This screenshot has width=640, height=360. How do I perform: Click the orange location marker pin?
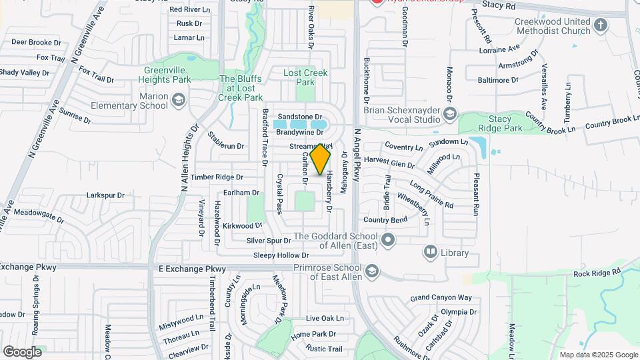click(321, 160)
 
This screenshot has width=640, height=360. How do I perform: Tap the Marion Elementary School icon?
click(179, 101)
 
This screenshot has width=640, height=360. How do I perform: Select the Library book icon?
click(431, 252)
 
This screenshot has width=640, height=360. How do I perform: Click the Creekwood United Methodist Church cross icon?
click(601, 26)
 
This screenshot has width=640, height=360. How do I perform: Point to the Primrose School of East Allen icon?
click(372, 271)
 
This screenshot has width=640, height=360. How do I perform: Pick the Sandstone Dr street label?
click(300, 115)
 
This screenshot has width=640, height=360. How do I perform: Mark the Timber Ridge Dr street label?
click(217, 177)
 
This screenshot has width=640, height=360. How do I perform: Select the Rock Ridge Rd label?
click(597, 273)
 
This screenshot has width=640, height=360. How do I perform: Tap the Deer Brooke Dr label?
click(36, 41)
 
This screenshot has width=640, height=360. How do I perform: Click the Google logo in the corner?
click(22, 351)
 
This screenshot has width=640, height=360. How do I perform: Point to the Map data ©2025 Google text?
click(598, 355)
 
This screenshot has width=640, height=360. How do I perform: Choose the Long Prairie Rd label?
click(431, 193)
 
